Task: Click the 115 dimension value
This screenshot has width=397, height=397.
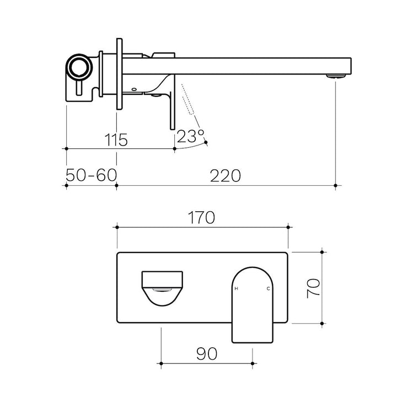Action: (x=116, y=140)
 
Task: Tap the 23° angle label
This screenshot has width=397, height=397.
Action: (x=190, y=136)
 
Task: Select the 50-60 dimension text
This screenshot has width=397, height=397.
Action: (x=91, y=175)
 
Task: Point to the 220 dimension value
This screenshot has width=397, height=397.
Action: (x=226, y=176)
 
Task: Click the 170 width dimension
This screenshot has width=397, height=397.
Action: (x=202, y=217)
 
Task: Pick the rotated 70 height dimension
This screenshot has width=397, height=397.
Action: (x=313, y=288)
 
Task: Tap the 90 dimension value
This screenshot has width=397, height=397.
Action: (x=207, y=353)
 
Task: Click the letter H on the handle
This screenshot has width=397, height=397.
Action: (x=237, y=288)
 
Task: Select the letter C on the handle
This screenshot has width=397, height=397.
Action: (x=269, y=288)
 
